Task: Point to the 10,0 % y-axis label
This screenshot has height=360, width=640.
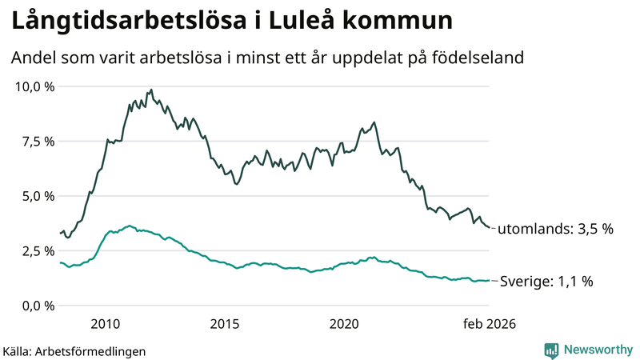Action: point(35,86)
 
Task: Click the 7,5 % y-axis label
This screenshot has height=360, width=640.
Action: point(38,141)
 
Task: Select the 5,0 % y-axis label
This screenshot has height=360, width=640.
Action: point(38,196)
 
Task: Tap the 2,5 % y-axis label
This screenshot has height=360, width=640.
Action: point(38,250)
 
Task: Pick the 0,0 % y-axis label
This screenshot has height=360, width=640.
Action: point(38,306)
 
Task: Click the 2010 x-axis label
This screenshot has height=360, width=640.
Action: point(106,325)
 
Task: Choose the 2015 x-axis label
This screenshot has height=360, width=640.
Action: point(225,325)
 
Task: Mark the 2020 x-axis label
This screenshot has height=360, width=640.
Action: point(344,325)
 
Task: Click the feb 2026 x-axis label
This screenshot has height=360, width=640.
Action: point(488,325)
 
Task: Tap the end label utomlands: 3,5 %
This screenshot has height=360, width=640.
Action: point(555,229)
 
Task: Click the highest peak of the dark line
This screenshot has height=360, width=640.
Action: point(151,90)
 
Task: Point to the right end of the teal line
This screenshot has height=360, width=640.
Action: point(489,281)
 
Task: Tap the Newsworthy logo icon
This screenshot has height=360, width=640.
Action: point(551,350)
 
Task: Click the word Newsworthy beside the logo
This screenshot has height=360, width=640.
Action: point(597,350)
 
